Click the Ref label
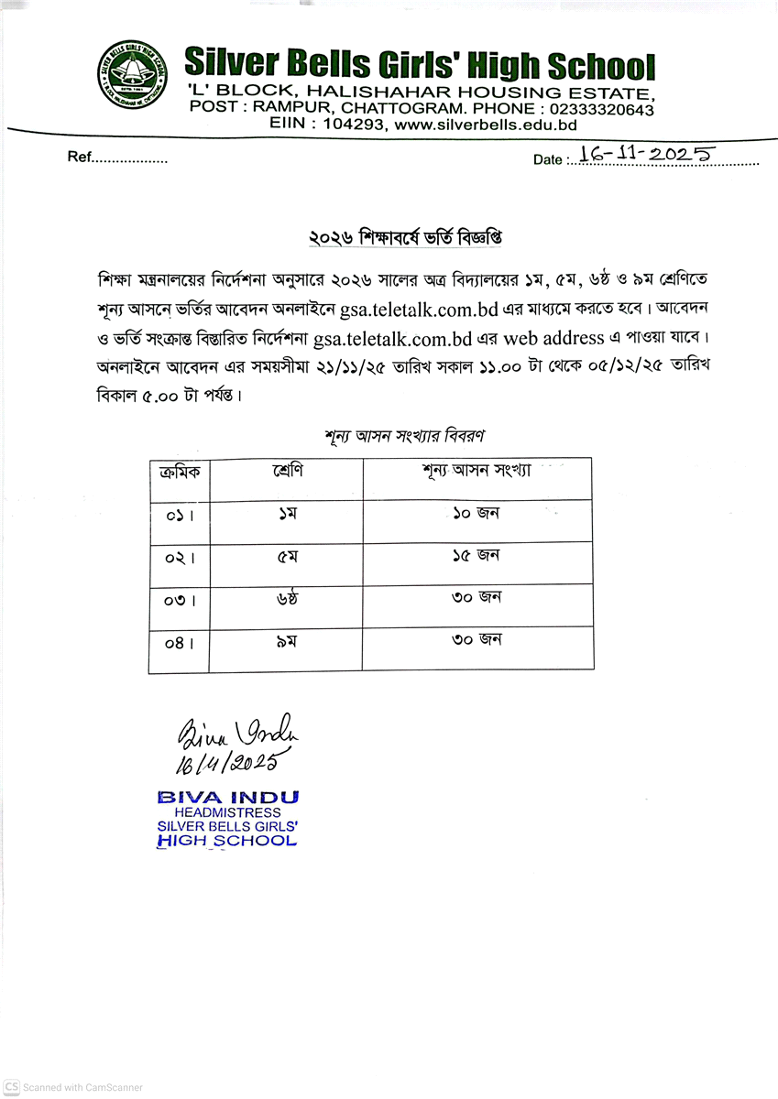pos(80,158)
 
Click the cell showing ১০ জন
pos(476,514)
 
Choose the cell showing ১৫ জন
pos(476,556)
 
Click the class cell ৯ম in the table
pos(286,642)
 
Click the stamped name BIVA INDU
pos(227,797)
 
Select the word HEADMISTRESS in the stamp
pos(227,812)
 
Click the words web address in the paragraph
pos(554,338)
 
